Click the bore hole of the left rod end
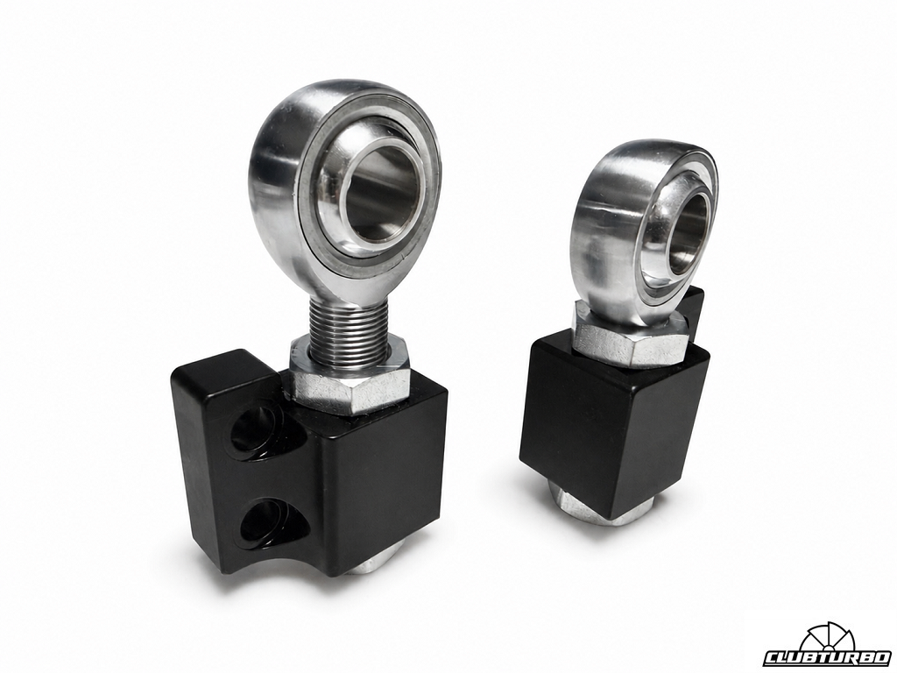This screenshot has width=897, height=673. click(x=378, y=192)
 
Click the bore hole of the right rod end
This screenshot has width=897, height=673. click(x=692, y=232)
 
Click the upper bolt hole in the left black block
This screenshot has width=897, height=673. click(x=257, y=426)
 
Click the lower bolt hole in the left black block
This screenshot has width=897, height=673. click(x=268, y=519)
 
